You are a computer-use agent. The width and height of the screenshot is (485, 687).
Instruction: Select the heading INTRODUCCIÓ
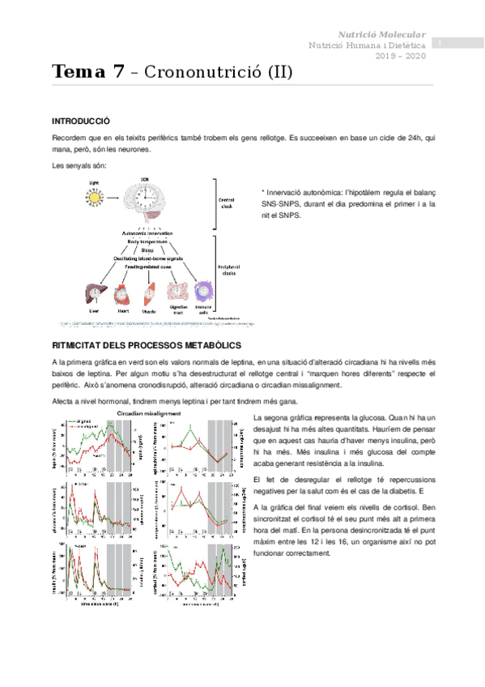pos(80,121)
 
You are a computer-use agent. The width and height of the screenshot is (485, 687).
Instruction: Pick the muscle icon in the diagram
pos(148,292)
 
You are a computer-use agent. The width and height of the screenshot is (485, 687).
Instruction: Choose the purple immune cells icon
pos(202,292)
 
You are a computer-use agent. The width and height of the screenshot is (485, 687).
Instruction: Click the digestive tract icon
pos(176,292)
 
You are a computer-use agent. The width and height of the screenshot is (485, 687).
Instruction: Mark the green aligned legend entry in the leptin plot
pos(85,421)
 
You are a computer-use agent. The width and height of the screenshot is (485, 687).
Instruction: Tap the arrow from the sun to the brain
pos(114,197)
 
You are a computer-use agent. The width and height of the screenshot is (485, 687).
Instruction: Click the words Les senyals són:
pos(77,166)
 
